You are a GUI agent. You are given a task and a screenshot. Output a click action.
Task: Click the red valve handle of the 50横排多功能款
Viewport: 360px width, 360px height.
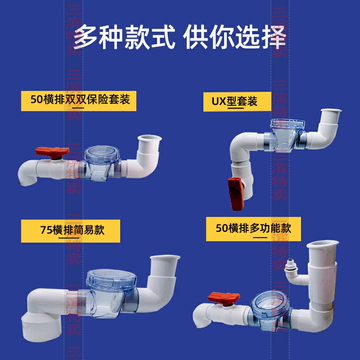224,298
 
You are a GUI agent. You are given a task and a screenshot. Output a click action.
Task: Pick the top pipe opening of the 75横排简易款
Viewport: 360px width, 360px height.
165,259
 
